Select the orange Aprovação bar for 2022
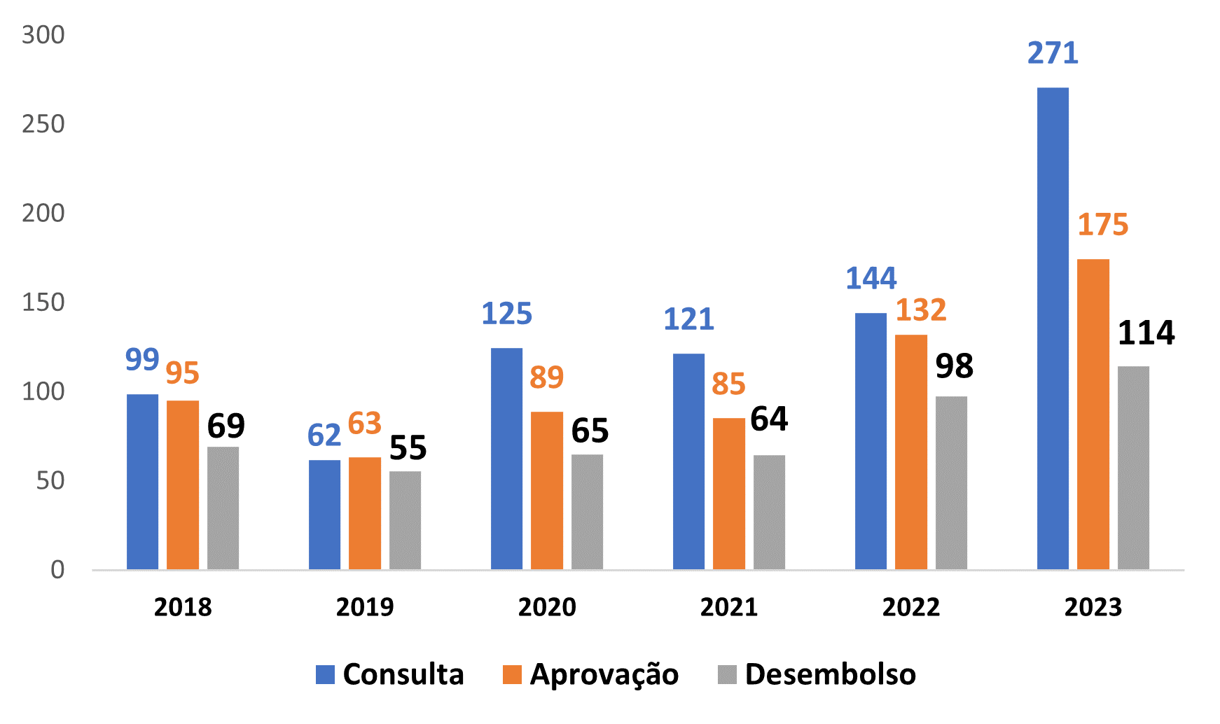910,452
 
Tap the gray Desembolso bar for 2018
223,508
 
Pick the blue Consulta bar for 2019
324,515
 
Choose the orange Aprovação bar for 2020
546,490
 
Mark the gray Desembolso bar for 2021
769,512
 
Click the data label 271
1053,54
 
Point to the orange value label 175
1102,225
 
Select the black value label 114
1146,333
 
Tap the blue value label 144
871,279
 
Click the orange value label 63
364,424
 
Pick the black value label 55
408,448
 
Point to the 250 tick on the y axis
43,124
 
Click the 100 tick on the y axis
43,391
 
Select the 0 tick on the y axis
57,570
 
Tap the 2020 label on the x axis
547,607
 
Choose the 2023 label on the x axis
1093,607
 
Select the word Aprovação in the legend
604,674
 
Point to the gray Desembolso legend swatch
727,674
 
